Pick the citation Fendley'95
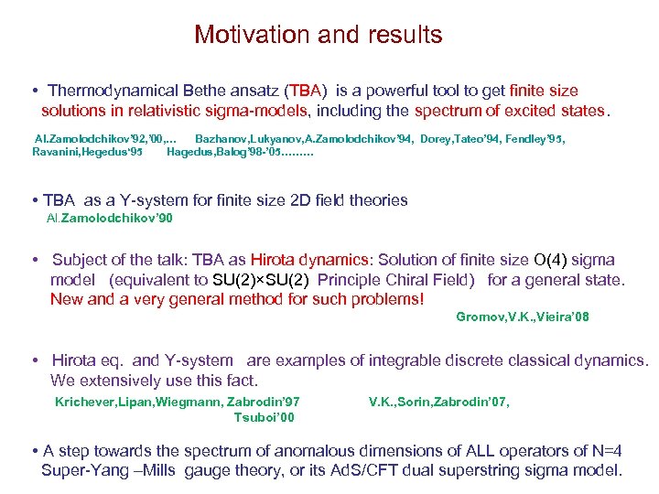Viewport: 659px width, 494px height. [532, 138]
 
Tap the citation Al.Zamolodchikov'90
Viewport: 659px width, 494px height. [109, 218]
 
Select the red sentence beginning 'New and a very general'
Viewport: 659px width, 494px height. [237, 298]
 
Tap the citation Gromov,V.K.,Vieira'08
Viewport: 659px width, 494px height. [522, 317]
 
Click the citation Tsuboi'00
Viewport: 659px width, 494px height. [265, 417]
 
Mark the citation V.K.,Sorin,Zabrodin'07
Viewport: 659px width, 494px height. [439, 401]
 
